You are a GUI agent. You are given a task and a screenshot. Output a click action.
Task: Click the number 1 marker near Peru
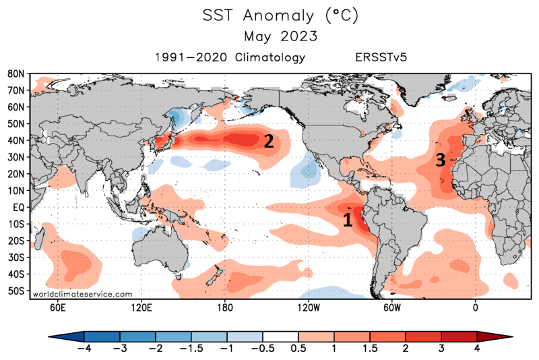point(348,220)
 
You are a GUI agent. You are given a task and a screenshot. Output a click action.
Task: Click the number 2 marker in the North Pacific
point(268,141)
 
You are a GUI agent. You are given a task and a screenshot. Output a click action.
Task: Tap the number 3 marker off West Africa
point(439,160)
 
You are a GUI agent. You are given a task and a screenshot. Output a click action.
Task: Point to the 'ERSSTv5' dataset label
point(381,57)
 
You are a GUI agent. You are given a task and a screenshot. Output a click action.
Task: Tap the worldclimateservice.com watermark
point(82,294)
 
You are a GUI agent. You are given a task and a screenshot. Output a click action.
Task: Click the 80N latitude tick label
point(17,73)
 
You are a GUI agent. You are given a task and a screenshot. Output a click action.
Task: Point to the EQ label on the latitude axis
point(18,208)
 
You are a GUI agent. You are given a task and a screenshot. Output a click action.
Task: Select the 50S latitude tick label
point(17,291)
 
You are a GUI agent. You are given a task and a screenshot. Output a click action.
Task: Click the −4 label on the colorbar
point(84,349)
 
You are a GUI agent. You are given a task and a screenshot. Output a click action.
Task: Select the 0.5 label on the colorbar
point(298,349)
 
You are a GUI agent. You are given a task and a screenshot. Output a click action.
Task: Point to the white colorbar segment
point(280,336)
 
